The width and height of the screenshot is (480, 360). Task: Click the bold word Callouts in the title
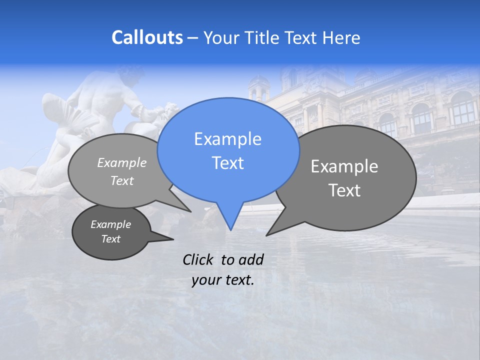pyautogui.click(x=147, y=37)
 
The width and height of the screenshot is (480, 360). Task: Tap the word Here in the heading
pyautogui.click(x=341, y=38)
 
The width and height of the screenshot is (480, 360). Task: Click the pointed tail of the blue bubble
pyautogui.click(x=230, y=220)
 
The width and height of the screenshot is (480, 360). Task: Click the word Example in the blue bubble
pyautogui.click(x=227, y=139)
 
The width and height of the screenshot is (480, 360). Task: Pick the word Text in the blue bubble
pyautogui.click(x=227, y=163)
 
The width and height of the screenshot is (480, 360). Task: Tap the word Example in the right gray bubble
pyautogui.click(x=344, y=166)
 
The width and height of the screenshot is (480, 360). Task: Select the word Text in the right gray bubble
pyautogui.click(x=344, y=190)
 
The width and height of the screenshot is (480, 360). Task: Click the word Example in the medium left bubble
pyautogui.click(x=122, y=162)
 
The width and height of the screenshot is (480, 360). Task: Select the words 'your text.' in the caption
pyautogui.click(x=223, y=280)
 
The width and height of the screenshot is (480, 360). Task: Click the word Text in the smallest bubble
pyautogui.click(x=111, y=239)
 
